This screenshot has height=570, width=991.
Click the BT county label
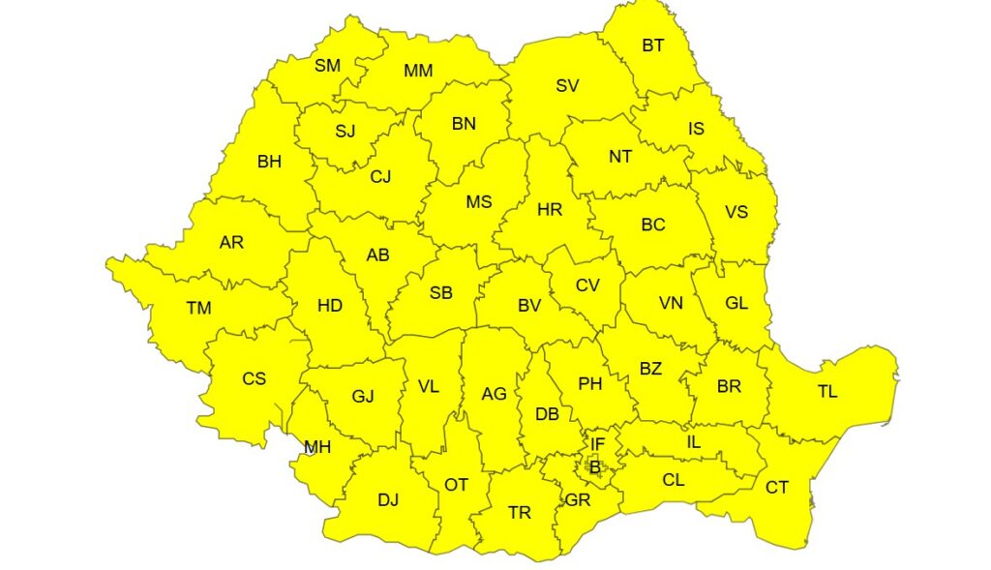tap(653, 45)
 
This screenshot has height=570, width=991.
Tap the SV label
tap(567, 85)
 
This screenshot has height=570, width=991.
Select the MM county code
tap(418, 71)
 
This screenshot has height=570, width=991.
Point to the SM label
tap(327, 66)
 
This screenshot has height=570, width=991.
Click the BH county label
tap(269, 162)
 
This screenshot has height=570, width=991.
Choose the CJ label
tap(380, 177)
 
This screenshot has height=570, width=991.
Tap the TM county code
tap(198, 309)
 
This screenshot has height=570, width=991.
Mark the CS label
tap(254, 378)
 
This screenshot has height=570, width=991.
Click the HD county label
tap(330, 306)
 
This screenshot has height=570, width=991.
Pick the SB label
tap(440, 293)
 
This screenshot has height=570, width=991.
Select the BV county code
tap(528, 306)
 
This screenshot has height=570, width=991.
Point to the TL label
tap(827, 392)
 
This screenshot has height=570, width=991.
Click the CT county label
tap(777, 487)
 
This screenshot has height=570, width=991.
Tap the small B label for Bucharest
tap(595, 468)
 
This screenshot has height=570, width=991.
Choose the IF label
tap(597, 444)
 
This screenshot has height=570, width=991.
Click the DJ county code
tap(388, 499)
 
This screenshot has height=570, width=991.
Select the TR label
tap(520, 513)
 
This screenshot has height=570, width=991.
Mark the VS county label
tap(736, 212)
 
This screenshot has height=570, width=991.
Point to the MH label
tap(317, 447)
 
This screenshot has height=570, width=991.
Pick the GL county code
tap(736, 303)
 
